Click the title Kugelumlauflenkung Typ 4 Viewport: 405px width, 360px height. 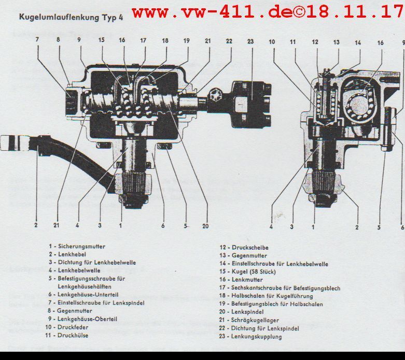pyautogui.click(x=71, y=17)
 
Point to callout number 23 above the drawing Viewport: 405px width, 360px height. pyautogui.click(x=250, y=41)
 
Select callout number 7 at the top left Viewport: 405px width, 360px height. pyautogui.click(x=37, y=39)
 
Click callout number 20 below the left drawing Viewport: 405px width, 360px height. pyautogui.click(x=205, y=226)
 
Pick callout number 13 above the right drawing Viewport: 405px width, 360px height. pyautogui.click(x=337, y=42)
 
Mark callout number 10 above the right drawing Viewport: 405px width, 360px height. pyautogui.click(x=272, y=42)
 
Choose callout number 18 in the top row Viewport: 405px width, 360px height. pyautogui.click(x=165, y=40)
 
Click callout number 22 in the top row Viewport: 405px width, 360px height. pyautogui.click(x=229, y=41)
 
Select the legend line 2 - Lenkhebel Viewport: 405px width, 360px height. pyautogui.click(x=67, y=254)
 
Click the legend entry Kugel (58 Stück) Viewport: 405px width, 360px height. pyautogui.click(x=254, y=272)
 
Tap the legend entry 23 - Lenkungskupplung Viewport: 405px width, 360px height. pyautogui.click(x=250, y=337)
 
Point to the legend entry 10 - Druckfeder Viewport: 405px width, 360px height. pyautogui.click(x=67, y=327)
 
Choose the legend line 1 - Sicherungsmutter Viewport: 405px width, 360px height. pyautogui.click(x=77, y=247)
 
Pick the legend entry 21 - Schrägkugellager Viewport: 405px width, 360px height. pyautogui.click(x=249, y=320)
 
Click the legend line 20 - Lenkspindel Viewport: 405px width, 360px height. pyautogui.click(x=241, y=312)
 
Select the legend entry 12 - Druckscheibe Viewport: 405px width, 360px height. pyautogui.click(x=244, y=248)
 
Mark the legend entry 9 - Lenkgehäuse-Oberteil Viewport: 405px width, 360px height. pyautogui.click(x=82, y=319)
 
